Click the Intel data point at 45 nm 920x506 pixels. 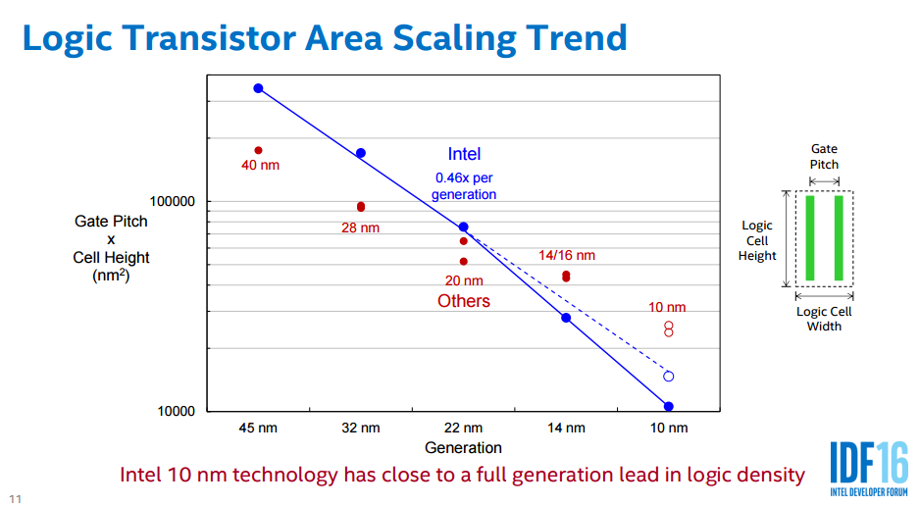[258, 88]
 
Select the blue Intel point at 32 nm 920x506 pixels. [361, 153]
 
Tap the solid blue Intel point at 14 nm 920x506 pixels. [566, 318]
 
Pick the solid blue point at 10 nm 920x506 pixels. [669, 406]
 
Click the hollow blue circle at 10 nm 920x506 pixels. [669, 376]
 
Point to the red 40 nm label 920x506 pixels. [260, 165]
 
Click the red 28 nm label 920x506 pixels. [360, 228]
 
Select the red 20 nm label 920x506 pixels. [464, 280]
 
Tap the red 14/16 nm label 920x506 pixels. [567, 255]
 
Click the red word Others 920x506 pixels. [464, 301]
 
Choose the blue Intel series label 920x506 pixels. [464, 154]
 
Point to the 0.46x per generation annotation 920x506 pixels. [464, 186]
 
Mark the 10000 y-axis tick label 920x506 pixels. [177, 411]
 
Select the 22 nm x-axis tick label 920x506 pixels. [464, 428]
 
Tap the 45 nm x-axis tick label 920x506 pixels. [258, 428]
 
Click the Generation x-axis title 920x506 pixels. [464, 448]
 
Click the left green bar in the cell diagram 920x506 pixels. [810, 238]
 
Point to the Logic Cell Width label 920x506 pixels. [824, 319]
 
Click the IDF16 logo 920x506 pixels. [869, 466]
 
